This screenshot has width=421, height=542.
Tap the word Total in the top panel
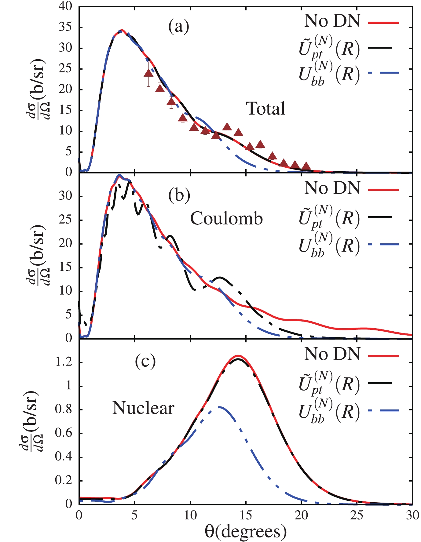[265, 109]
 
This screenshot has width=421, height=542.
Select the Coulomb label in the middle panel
[226, 219]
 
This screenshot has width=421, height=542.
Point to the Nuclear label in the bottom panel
[143, 408]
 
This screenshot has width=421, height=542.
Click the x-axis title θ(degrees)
[246, 532]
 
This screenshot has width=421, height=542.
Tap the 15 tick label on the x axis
[246, 515]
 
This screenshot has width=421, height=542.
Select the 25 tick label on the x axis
[357, 515]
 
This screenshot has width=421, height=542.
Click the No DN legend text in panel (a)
[332, 21]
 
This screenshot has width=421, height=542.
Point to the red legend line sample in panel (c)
[384, 356]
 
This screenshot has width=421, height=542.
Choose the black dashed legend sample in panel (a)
[384, 48]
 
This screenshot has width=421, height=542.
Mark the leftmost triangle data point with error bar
[148, 73]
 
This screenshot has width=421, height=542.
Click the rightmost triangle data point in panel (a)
[306, 166]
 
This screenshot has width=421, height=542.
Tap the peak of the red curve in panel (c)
[238, 355]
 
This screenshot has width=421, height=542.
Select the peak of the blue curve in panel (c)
[219, 407]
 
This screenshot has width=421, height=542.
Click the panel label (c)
[145, 362]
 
